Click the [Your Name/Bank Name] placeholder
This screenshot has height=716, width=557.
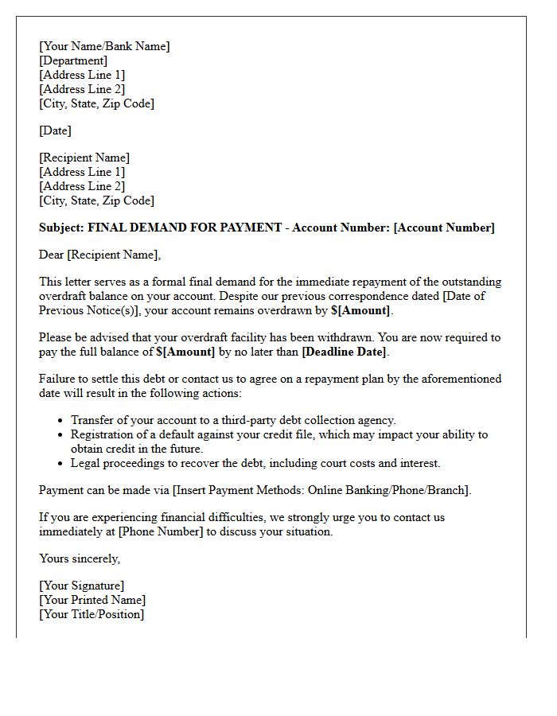pos(104,46)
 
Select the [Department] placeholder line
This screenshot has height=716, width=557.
pos(73,60)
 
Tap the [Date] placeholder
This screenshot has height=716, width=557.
pos(55,130)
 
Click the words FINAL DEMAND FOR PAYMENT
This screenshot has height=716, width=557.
pos(185,228)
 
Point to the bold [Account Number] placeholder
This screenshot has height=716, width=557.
pos(444,228)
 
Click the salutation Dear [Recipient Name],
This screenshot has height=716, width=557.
pos(99,255)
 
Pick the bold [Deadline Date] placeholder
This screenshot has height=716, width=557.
pos(344,352)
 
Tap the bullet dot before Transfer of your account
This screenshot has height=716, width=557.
pos(61,421)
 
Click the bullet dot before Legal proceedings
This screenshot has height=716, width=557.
pos(61,463)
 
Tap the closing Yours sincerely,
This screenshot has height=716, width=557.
pos(80,558)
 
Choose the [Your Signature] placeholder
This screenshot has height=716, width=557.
pos(81,586)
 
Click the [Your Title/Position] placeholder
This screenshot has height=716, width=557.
pos(92,614)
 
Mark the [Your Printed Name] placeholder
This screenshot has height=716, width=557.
pos(92,600)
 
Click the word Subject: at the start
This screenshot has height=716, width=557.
pos(61,228)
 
